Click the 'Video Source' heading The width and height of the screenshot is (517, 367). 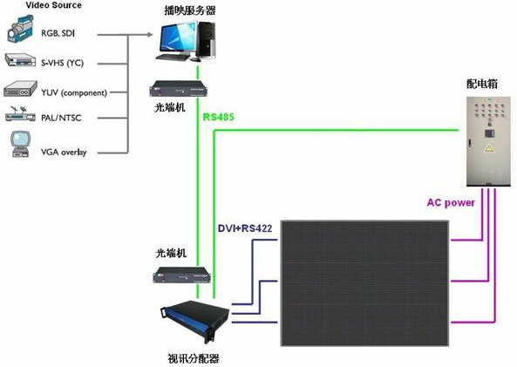click(53, 5)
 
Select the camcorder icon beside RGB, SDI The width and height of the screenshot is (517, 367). click(20, 29)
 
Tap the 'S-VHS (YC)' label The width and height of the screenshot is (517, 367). click(62, 63)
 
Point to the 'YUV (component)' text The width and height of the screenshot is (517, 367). click(74, 92)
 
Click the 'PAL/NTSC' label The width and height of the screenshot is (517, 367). click(61, 118)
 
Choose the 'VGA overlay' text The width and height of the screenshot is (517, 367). click(64, 152)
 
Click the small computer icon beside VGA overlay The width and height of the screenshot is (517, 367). click(20, 144)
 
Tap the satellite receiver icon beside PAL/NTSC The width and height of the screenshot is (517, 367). click(20, 114)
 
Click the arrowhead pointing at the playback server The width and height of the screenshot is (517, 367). click(149, 34)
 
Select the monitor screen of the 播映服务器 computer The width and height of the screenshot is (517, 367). click(175, 39)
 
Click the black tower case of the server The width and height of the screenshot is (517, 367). click(207, 39)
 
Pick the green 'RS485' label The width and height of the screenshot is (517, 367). click(218, 117)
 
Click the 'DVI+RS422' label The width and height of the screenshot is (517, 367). click(245, 228)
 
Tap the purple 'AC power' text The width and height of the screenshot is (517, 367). click(451, 202)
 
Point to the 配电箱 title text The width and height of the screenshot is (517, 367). click(482, 84)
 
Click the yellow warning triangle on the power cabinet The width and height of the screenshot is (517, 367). click(489, 148)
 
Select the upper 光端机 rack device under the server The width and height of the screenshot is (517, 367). click(179, 89)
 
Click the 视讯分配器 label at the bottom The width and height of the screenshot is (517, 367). click(194, 358)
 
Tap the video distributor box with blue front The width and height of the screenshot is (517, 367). click(194, 321)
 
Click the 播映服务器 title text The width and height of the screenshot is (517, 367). click(190, 10)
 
